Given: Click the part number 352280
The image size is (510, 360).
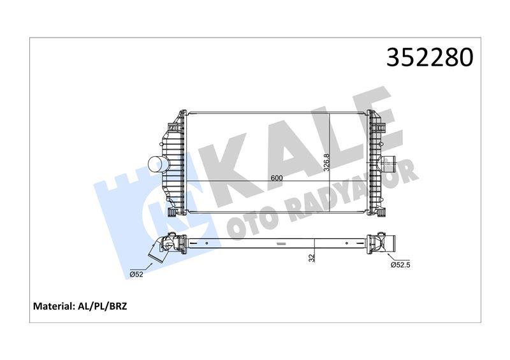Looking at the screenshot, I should click(429, 58).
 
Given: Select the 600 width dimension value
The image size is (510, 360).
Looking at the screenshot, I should click(276, 178).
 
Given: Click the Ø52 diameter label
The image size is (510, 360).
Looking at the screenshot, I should click(135, 274).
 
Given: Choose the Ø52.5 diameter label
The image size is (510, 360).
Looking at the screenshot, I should click(400, 264).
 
